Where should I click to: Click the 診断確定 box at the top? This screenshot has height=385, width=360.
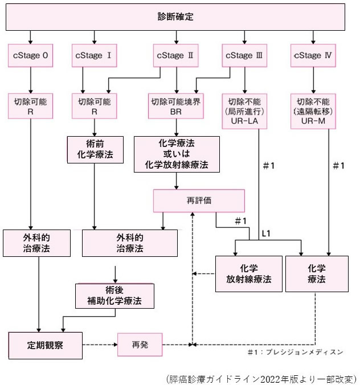click(x=176, y=17)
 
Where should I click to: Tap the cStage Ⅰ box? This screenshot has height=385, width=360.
click(x=94, y=56)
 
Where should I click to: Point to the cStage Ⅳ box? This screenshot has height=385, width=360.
click(x=312, y=56)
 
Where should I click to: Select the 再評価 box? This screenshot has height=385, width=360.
click(x=198, y=201)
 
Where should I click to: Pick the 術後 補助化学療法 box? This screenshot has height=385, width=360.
click(x=115, y=294)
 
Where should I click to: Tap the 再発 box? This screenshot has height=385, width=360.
click(x=140, y=345)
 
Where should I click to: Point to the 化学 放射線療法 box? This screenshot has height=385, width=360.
click(x=249, y=273)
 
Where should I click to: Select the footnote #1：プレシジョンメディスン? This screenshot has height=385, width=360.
click(x=295, y=352)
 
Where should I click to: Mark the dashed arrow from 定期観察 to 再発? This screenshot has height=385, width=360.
click(x=100, y=344)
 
